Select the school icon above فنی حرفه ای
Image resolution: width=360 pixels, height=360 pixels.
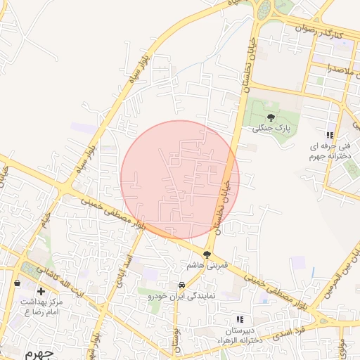click(x=328, y=135)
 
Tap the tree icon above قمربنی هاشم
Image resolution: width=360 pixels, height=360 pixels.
click(x=207, y=255)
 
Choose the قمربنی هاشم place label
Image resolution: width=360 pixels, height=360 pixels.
click(x=205, y=266)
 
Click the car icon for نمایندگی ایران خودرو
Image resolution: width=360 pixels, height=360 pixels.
click(x=182, y=285)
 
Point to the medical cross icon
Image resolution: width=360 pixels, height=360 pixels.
click(x=41, y=290)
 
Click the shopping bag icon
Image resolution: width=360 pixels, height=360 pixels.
click(x=17, y=283)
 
